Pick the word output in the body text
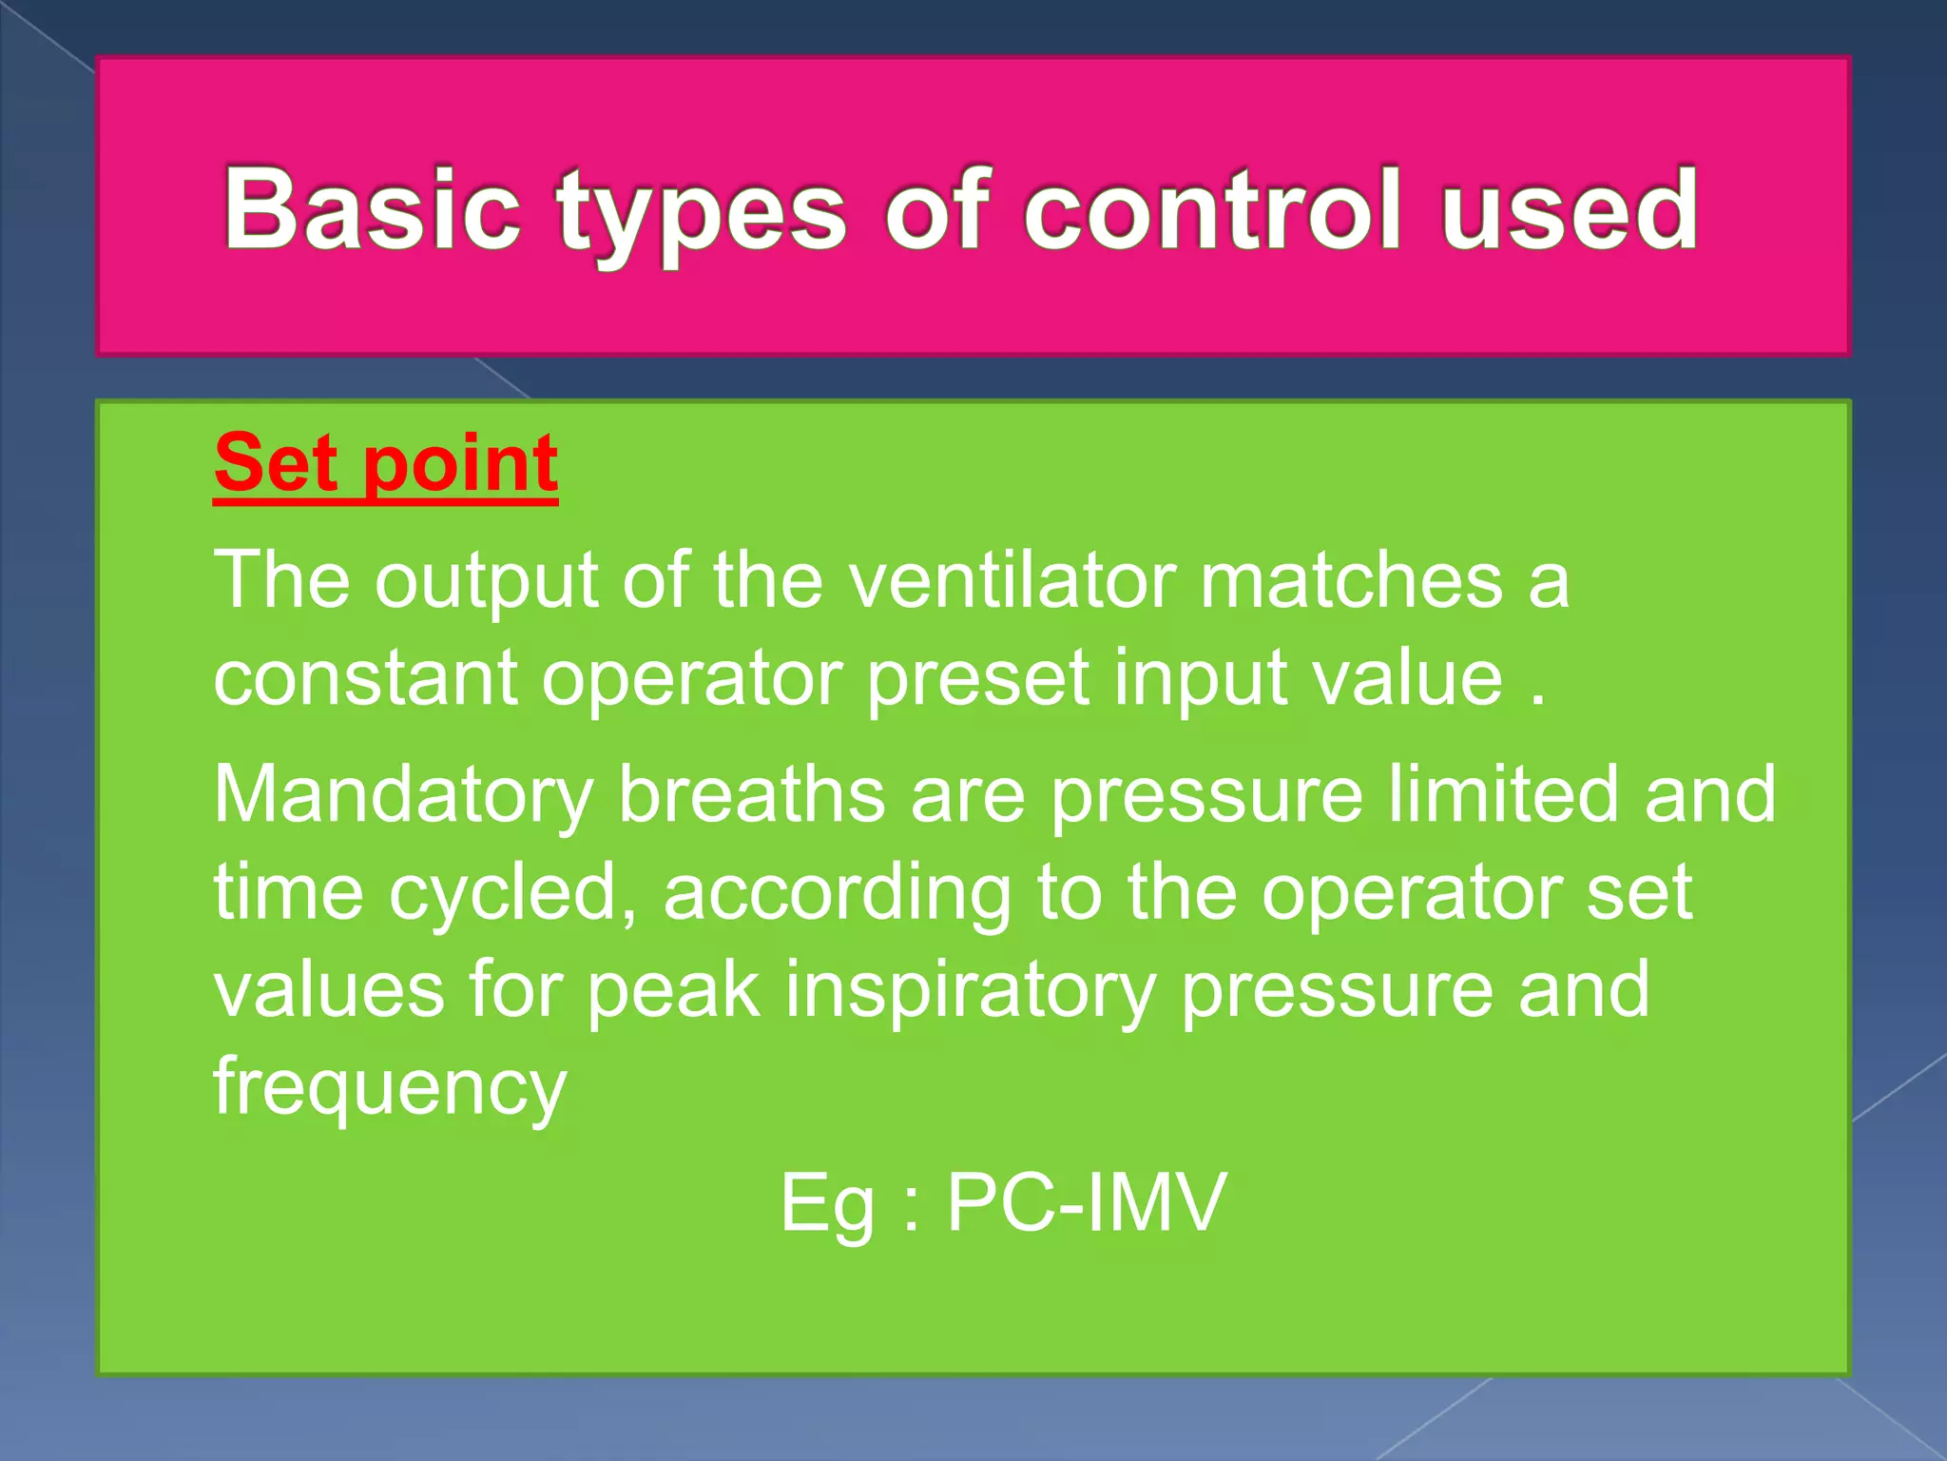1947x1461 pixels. pyautogui.click(x=486, y=581)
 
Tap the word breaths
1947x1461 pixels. pyautogui.click(x=752, y=794)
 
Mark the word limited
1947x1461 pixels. pyautogui.click(x=1503, y=794)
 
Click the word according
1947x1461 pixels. pyautogui.click(x=838, y=895)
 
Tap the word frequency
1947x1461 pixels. pyautogui.click(x=390, y=1090)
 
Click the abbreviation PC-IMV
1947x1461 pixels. pyautogui.click(x=1087, y=1203)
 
